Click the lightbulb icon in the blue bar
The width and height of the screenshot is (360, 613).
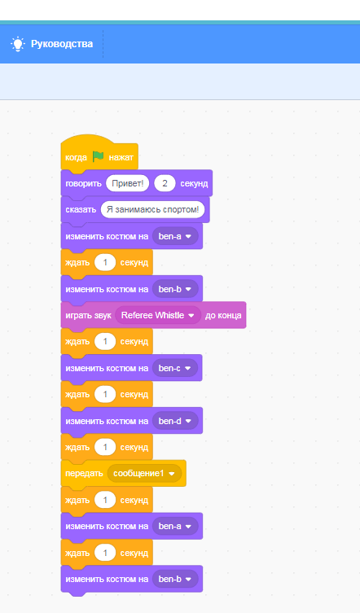18,44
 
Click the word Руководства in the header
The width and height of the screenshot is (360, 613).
62,44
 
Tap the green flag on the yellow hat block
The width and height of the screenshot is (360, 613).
99,157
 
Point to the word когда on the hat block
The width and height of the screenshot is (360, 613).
76,158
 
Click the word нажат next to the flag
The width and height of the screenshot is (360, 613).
121,158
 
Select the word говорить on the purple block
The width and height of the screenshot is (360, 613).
83,183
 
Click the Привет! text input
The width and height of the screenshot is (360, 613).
128,183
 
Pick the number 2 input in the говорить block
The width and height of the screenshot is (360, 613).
165,183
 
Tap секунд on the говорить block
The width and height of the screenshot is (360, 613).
194,183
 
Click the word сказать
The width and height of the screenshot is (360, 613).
81,209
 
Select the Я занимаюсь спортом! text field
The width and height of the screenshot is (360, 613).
152,209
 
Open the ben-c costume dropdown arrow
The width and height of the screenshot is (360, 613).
187,368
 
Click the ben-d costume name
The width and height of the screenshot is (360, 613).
170,421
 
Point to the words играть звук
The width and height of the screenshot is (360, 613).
89,316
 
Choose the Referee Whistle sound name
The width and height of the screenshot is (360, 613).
152,315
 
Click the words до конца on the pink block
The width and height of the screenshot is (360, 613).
223,316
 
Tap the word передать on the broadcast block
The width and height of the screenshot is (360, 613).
84,474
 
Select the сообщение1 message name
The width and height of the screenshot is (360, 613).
138,474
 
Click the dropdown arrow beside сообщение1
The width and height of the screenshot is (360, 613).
171,474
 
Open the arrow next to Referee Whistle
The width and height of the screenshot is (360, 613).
191,316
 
